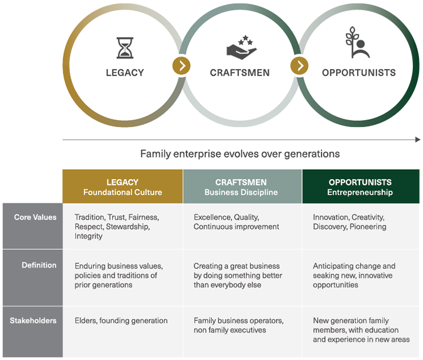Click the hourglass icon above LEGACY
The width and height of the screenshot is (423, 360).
(x=125, y=48)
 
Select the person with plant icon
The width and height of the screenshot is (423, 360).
(x=358, y=43)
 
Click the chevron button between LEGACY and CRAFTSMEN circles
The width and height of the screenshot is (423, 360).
(x=181, y=66)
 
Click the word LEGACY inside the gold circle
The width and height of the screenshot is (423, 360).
(x=125, y=73)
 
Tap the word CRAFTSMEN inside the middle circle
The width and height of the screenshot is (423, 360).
(x=240, y=73)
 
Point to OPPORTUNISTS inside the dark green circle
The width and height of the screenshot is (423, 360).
(x=359, y=73)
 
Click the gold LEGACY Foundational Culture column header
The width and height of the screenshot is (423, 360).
(x=123, y=187)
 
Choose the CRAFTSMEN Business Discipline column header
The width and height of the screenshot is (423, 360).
(x=242, y=187)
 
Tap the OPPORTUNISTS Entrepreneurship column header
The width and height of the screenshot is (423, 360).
(x=360, y=187)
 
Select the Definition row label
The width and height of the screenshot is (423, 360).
(x=39, y=265)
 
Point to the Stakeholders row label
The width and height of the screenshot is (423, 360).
(x=33, y=321)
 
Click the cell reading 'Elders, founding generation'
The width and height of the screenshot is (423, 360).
(x=121, y=321)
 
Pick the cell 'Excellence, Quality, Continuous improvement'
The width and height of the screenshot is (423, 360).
(x=236, y=222)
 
